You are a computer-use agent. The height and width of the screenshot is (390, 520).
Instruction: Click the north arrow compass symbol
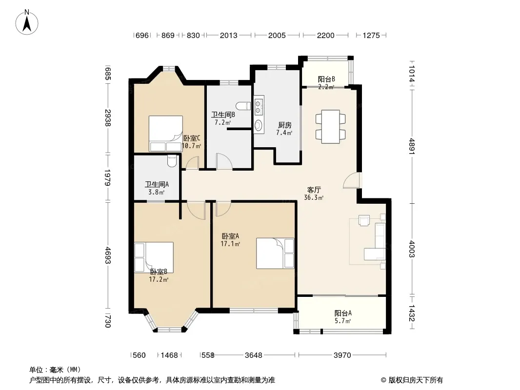click(27, 22)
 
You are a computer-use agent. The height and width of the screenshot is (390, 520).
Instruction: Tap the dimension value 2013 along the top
click(228, 36)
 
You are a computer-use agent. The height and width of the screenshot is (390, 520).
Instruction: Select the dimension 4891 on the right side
click(412, 146)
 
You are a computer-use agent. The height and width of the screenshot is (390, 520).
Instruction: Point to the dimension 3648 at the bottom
click(253, 355)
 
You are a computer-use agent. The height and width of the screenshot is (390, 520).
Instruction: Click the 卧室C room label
click(192, 138)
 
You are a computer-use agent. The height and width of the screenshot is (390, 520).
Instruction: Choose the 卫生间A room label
click(157, 184)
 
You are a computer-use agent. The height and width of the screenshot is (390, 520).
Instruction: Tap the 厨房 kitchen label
click(284, 125)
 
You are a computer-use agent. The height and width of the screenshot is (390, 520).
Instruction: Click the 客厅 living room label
click(314, 190)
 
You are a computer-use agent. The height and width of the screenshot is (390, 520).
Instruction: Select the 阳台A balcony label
click(343, 313)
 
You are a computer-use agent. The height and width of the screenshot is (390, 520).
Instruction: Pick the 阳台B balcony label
click(326, 79)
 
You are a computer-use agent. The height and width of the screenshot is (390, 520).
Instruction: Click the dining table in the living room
click(331, 127)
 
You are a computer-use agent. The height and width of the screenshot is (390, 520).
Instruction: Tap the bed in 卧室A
click(275, 253)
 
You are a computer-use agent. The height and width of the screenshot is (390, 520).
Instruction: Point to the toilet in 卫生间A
click(172, 161)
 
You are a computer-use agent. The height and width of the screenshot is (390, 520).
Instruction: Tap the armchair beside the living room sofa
click(364, 220)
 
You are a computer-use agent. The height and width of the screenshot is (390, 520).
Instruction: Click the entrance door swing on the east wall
click(352, 180)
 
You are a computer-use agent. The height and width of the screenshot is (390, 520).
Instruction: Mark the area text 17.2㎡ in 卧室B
click(159, 279)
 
